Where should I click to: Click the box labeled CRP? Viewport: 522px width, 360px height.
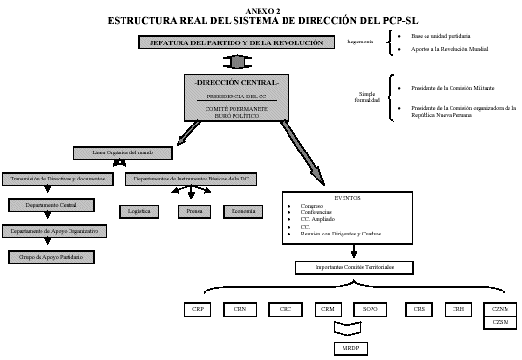pyautogui.click(x=198, y=310)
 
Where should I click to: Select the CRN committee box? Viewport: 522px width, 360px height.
pyautogui.click(x=240, y=310)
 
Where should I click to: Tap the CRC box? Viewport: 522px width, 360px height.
pyautogui.click(x=286, y=310)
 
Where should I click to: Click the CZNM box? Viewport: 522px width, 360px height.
pyautogui.click(x=500, y=309)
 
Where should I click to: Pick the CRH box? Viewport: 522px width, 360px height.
pyautogui.click(x=456, y=310)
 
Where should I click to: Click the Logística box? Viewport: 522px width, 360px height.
pyautogui.click(x=139, y=209)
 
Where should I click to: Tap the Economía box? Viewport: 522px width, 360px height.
pyautogui.click(x=242, y=209)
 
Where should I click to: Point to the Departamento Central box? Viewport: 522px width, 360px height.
pyautogui.click(x=51, y=205)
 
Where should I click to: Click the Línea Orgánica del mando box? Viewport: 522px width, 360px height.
pyautogui.click(x=122, y=153)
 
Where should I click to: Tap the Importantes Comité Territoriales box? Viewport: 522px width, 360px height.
pyautogui.click(x=354, y=267)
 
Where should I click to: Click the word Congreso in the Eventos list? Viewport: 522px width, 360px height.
pyautogui.click(x=312, y=206)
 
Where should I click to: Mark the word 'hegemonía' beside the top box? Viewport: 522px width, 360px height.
pyautogui.click(x=361, y=42)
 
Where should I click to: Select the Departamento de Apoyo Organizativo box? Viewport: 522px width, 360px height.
pyautogui.click(x=54, y=231)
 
